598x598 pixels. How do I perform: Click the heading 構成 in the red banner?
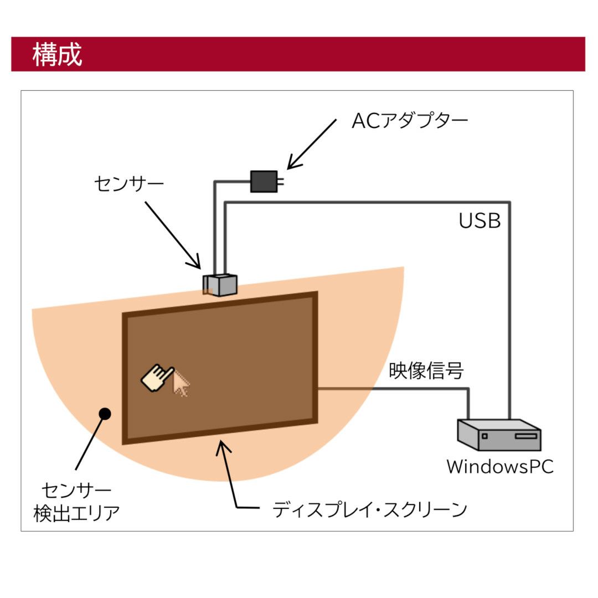point(57,55)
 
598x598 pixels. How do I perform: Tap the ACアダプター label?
point(410,121)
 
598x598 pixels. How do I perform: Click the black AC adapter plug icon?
point(264,181)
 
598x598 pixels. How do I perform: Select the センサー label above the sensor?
point(129,183)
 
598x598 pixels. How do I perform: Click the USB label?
point(480,221)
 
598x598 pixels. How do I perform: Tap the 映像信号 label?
point(426,371)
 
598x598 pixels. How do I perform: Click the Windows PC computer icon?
point(499,435)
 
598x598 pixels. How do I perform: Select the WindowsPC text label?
point(499,466)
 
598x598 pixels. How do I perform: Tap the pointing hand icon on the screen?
point(157,378)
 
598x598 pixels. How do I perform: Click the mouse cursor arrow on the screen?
point(181,384)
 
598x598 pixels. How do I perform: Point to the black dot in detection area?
point(104,413)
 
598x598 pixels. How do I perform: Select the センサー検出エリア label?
point(76,502)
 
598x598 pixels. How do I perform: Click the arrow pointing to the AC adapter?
point(311,143)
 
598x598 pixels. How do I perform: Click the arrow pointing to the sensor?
point(173,235)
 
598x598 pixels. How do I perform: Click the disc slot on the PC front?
point(525,436)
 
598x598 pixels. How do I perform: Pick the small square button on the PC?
point(484,436)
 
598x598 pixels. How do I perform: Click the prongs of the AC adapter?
point(281,181)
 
